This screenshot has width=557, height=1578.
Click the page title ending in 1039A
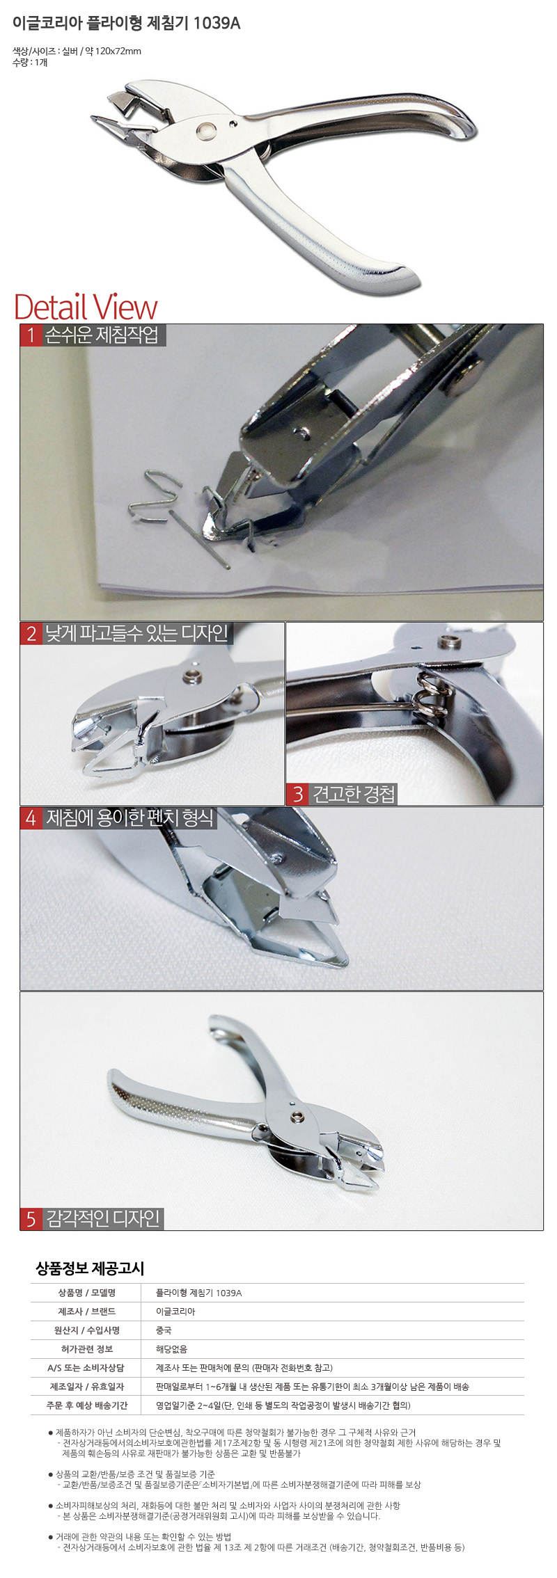pos(127,23)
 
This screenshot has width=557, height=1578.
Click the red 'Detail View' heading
pos(86,307)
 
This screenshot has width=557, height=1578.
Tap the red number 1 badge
pos(31,335)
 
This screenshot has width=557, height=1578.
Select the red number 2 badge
pos(31,633)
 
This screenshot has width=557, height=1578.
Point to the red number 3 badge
pos(298,794)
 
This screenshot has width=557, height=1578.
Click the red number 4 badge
pos(31,818)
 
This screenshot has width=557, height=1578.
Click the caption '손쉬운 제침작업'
pos(102,335)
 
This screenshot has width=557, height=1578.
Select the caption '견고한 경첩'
pos(354,794)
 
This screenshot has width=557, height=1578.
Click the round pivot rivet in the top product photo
pos(207,129)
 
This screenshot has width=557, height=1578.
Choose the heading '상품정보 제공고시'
pos(89,1268)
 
